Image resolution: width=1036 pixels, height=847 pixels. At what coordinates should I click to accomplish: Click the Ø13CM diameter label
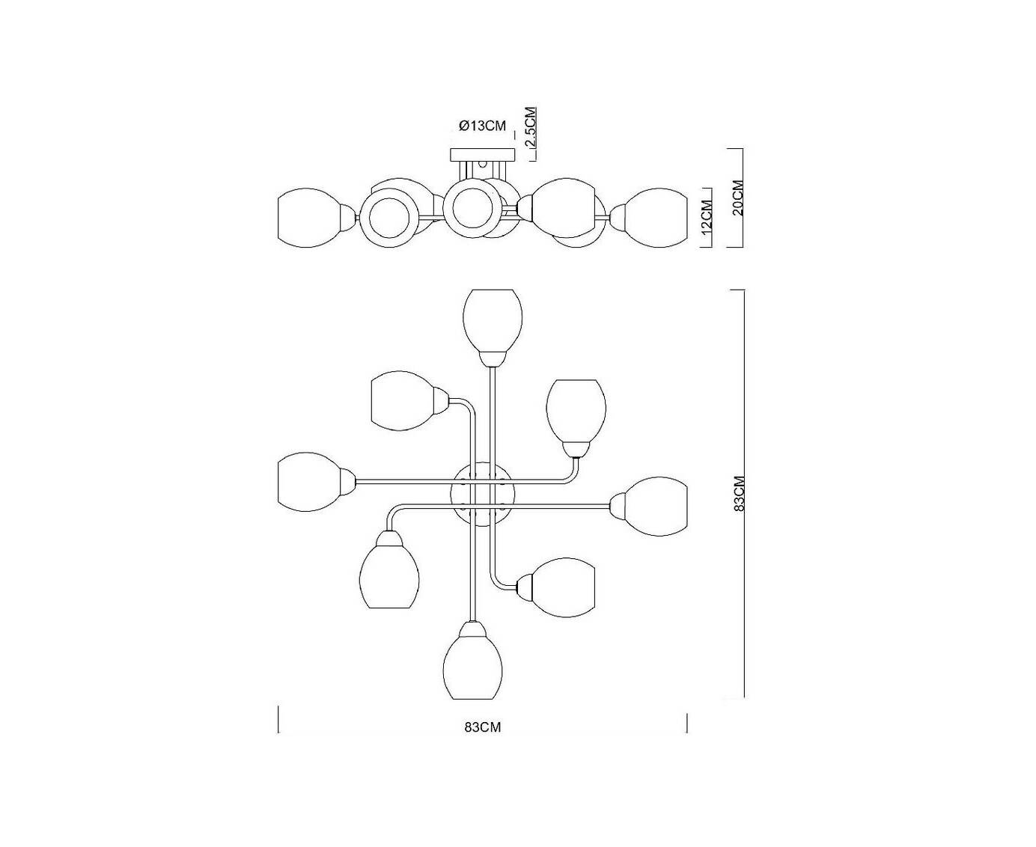coord(482,126)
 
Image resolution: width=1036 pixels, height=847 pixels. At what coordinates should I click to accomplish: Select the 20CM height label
coord(737,198)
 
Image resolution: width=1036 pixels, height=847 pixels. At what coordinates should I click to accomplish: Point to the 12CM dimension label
coord(705,216)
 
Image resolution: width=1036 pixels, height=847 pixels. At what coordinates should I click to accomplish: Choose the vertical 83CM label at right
coord(738,494)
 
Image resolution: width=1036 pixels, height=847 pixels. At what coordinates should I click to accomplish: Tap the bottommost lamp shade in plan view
coord(472,667)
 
